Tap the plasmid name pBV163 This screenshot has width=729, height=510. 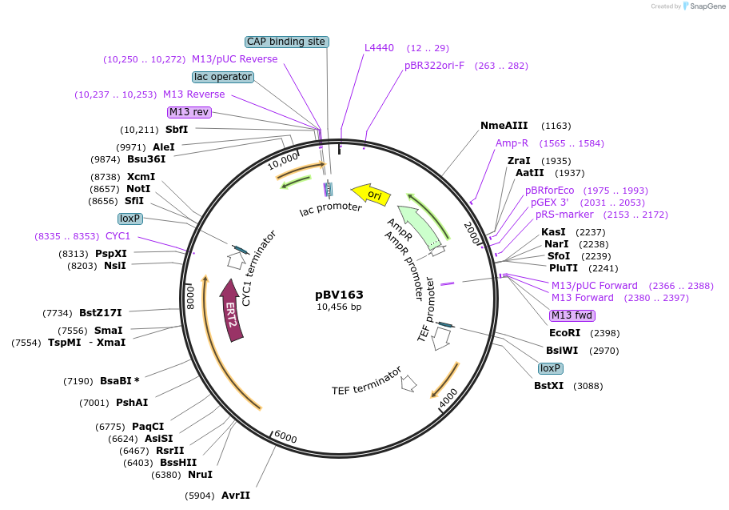point(339,294)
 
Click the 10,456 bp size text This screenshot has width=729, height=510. point(339,307)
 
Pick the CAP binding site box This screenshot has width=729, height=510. point(286,42)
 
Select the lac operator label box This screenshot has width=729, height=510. point(223,77)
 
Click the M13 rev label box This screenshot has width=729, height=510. point(189,112)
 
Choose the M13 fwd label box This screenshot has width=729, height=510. point(572,315)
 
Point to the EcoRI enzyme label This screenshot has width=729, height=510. point(565,333)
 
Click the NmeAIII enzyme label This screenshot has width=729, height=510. point(504,126)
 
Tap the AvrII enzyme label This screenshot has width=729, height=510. point(236,496)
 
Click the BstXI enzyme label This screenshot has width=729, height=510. point(549,386)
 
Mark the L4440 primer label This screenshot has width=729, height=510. point(380,48)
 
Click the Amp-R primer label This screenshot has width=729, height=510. point(512,143)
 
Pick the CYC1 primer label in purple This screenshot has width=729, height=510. point(118,236)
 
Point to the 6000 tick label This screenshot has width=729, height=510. point(285,437)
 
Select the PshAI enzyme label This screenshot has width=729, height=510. point(132,403)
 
